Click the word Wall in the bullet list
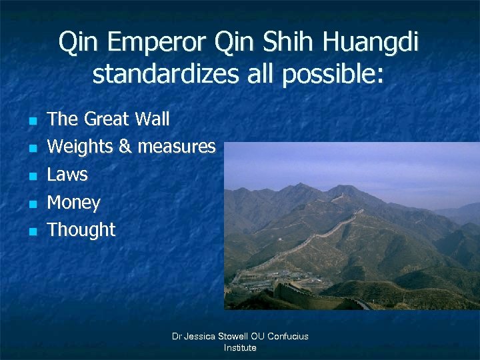tap(152, 119)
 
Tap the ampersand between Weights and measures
tap(127, 147)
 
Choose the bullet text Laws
tap(67, 175)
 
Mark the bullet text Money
tap(73, 202)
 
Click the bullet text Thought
tap(81, 230)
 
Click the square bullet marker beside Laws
tap(31, 176)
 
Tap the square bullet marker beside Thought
tap(31, 231)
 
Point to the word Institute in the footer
tap(240, 347)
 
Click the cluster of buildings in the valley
tap(257, 280)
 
